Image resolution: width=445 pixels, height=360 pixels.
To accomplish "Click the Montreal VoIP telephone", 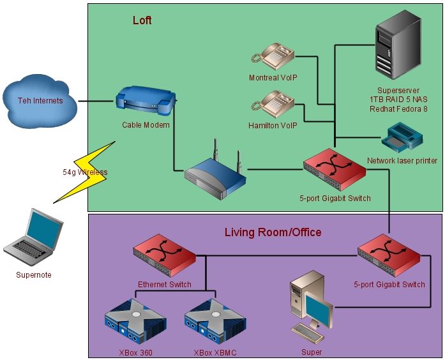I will coord(273,56).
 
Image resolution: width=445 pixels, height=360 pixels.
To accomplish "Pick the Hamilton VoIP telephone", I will coord(273,104).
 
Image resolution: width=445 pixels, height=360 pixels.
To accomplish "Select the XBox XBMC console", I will coord(215,323).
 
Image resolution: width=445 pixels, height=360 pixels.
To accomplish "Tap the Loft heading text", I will coord(142,20).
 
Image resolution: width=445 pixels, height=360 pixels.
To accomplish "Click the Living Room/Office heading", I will coord(273,232).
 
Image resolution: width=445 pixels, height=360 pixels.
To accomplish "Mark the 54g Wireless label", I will coord(85,172).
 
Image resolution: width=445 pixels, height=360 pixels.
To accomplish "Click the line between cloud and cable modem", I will coord(96,101).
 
